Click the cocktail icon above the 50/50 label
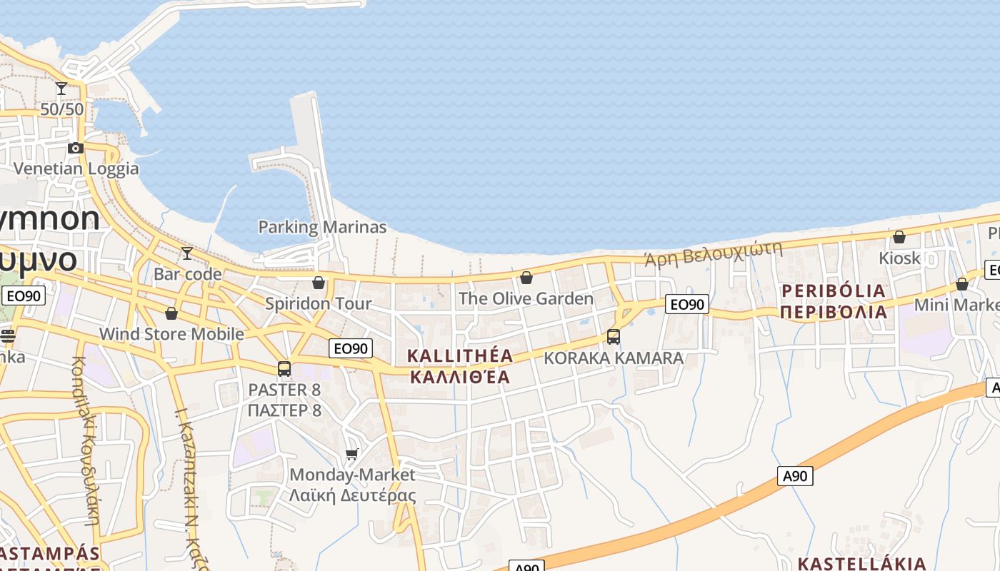[61, 89]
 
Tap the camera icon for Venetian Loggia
[76, 148]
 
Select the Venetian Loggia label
[76, 169]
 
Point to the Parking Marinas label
[322, 228]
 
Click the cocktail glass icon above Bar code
[187, 253]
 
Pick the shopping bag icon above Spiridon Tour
[319, 283]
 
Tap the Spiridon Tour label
[319, 304]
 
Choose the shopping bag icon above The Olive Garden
[526, 278]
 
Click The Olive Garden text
[526, 298]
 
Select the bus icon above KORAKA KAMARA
[613, 337]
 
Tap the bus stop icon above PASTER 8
[284, 369]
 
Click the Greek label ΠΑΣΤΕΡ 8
[284, 411]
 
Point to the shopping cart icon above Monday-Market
[351, 454]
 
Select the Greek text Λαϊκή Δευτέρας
[352, 495]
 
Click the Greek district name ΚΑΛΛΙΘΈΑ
[460, 376]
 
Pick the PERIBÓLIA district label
[834, 291]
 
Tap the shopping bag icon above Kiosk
[899, 237]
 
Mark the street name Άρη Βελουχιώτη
[713, 253]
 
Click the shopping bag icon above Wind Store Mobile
[171, 313]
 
